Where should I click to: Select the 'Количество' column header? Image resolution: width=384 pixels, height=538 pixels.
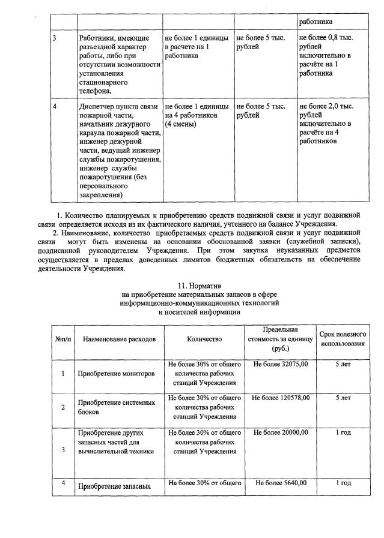pyautogui.click(x=204, y=339)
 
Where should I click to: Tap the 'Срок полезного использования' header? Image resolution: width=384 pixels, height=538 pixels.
pyautogui.click(x=343, y=339)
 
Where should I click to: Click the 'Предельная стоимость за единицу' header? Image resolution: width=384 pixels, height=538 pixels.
pyautogui.click(x=281, y=339)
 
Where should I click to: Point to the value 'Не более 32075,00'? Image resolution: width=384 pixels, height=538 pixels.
pyautogui.click(x=281, y=364)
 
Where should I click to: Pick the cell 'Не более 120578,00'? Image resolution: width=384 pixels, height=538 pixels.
pyautogui.click(x=281, y=398)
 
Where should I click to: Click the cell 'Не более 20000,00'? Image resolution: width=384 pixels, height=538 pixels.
pyautogui.click(x=281, y=432)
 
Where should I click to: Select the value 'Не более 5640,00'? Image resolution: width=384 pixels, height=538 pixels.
pyautogui.click(x=281, y=483)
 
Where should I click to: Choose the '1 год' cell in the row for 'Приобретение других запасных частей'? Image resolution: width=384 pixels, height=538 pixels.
pyautogui.click(x=343, y=432)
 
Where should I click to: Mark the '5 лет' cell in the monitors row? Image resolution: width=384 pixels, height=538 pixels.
pyautogui.click(x=343, y=364)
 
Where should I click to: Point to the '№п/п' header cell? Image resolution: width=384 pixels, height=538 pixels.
pyautogui.click(x=62, y=339)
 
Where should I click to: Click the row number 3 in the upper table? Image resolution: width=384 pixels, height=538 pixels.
pyautogui.click(x=55, y=38)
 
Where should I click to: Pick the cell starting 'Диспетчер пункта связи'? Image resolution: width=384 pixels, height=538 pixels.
pyautogui.click(x=119, y=150)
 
